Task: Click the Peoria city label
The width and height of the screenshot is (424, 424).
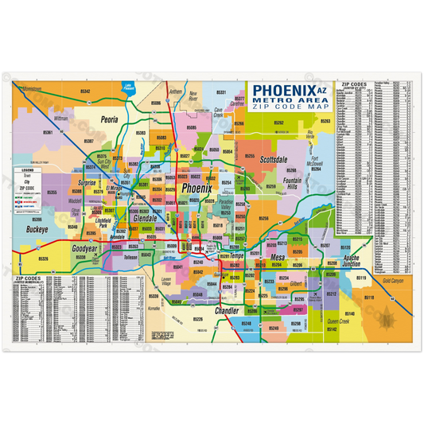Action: tap(110, 120)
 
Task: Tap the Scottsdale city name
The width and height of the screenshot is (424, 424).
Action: tap(278, 160)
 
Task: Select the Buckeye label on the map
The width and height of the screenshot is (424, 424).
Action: tap(37, 229)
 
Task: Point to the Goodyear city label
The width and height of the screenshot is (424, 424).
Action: tap(84, 248)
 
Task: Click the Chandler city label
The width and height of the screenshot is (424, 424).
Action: tap(227, 310)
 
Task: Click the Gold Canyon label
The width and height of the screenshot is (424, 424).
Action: tap(393, 282)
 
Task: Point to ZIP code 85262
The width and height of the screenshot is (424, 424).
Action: tap(278, 123)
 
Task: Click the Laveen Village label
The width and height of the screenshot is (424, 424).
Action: tap(166, 281)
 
